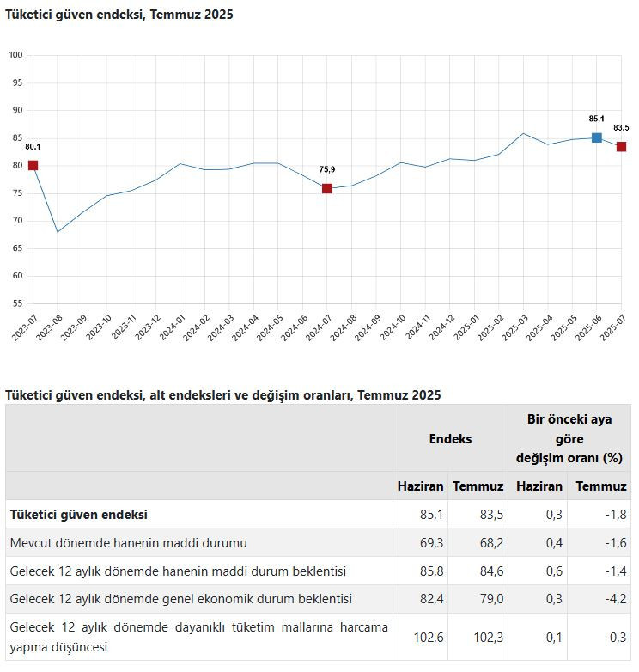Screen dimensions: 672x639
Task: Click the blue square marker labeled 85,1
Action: [597, 137]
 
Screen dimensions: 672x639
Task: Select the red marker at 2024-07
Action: [327, 188]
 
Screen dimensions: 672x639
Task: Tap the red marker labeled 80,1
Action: [33, 165]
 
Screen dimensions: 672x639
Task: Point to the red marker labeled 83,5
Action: [621, 147]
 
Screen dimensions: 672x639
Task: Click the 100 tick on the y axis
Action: [15, 55]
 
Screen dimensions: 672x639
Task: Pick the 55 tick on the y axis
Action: [16, 303]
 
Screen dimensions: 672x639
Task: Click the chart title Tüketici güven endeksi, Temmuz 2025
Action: [119, 15]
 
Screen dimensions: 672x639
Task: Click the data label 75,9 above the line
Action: [327, 169]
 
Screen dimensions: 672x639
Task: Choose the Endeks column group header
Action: [450, 438]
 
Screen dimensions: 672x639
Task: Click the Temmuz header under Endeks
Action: [478, 486]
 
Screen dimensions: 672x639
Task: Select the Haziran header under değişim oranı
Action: [539, 486]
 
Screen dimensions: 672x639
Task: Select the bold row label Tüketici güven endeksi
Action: [79, 515]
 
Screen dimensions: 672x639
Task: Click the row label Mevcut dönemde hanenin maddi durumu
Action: [128, 543]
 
